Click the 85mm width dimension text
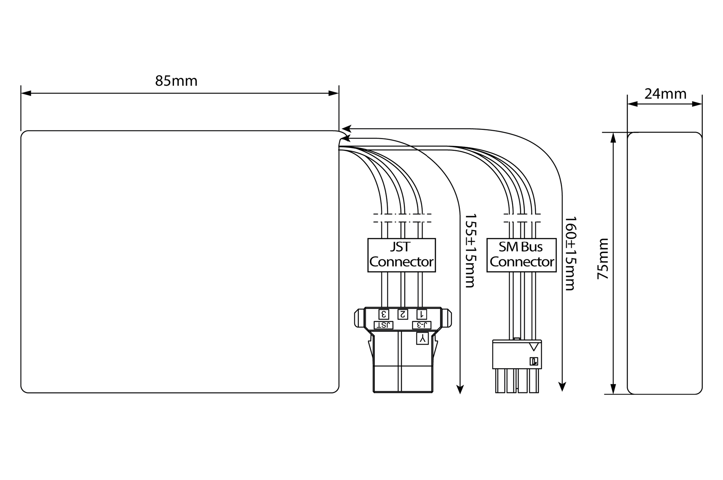[176, 81]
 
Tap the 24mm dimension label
[665, 94]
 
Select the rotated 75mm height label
[603, 259]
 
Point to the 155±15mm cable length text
[470, 251]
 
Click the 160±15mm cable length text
[571, 253]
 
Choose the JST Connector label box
[401, 255]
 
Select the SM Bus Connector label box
[522, 255]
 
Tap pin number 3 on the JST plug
[384, 314]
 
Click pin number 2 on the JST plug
[403, 314]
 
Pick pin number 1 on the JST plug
[422, 314]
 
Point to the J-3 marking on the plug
[422, 325]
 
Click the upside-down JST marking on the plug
[383, 325]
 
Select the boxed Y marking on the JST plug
[423, 338]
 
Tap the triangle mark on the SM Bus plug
[534, 347]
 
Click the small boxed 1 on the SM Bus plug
[534, 361]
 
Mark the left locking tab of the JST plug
[360, 318]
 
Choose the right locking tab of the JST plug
[446, 318]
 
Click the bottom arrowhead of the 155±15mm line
[460, 390]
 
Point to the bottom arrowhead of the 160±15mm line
[562, 387]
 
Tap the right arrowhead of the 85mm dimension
[334, 93]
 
